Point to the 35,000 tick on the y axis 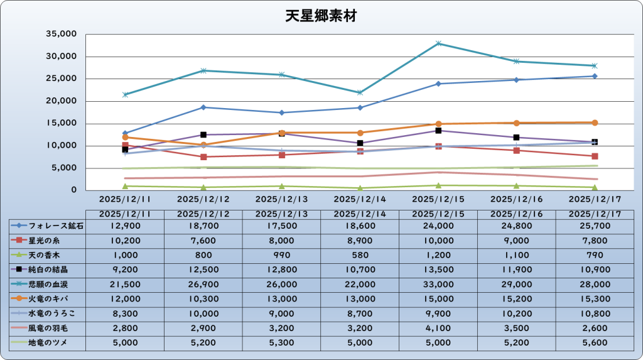62,34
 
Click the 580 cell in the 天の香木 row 360,255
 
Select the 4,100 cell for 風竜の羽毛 438,329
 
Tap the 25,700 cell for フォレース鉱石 594,226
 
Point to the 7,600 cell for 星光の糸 203,240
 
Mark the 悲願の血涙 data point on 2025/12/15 438,43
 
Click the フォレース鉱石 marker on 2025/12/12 203,107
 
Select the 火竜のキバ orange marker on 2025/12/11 125,137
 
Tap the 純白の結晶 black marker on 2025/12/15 438,131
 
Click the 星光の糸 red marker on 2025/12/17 594,156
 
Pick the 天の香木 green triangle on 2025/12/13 281,186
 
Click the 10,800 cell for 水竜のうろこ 594,314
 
